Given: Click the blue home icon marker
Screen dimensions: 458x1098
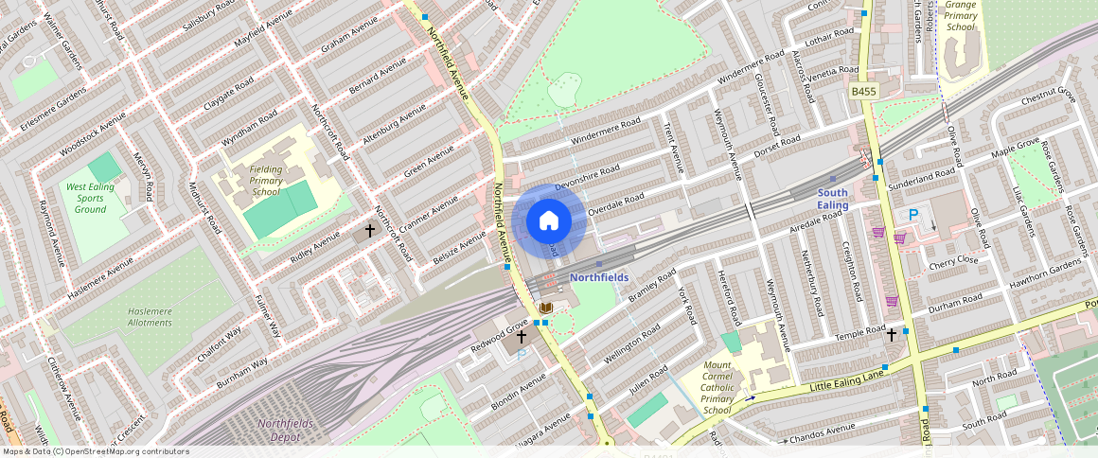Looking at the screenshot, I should (x=549, y=221).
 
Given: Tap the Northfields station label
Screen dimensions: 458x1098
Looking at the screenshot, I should (x=598, y=277).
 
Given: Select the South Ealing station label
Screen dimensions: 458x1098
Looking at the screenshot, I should (x=832, y=199).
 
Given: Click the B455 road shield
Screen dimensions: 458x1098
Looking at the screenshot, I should (x=862, y=91).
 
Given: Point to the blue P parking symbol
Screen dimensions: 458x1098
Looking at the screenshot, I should (x=913, y=216).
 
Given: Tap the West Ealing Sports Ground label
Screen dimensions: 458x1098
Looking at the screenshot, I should (x=90, y=198).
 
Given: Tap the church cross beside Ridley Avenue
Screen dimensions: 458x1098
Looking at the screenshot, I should (x=370, y=230).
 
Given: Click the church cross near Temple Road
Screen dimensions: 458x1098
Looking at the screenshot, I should (x=891, y=334).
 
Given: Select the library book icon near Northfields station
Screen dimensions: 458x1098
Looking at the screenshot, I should (x=545, y=308).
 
